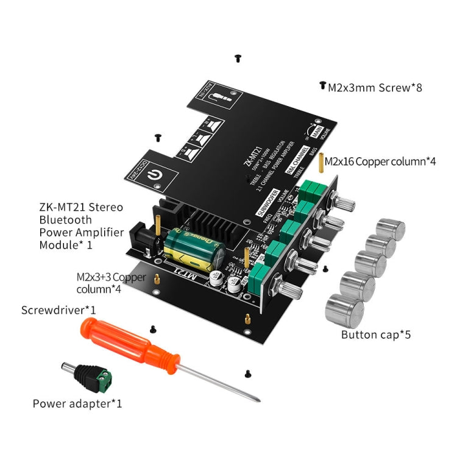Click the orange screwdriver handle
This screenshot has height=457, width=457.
coord(124,342)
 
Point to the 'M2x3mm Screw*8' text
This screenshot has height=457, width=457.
coord(375,88)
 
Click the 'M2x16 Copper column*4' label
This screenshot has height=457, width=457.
coord(380,161)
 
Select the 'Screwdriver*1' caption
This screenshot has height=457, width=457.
coord(59,310)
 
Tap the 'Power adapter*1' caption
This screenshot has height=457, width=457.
coord(77,403)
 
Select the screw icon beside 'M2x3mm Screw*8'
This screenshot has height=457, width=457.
coord(322,87)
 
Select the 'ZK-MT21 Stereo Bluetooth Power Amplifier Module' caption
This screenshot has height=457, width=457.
coord(81,226)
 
